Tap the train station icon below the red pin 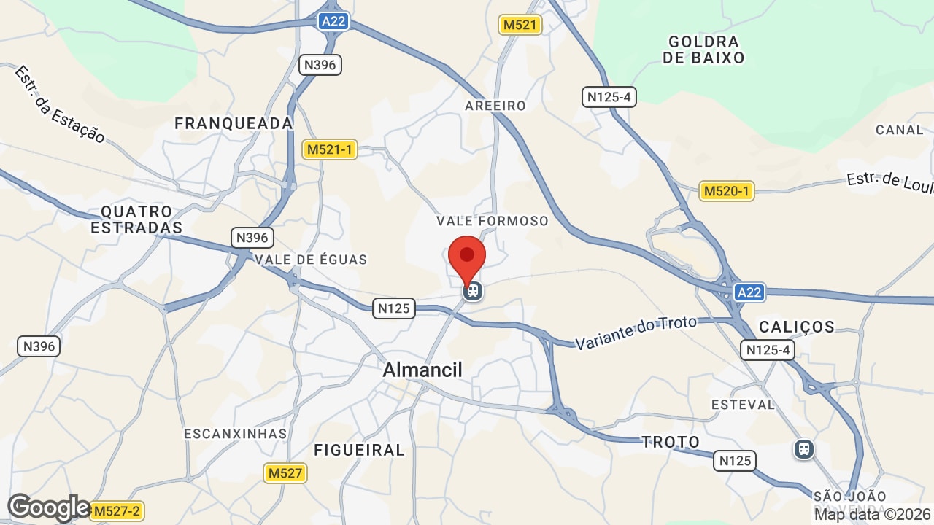(x=473, y=291)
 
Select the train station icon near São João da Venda (x=804, y=448)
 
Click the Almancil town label (x=422, y=370)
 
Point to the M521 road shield (x=520, y=25)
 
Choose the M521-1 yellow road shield (x=329, y=149)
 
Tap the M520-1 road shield (x=726, y=191)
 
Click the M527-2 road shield (x=117, y=510)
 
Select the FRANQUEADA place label (x=233, y=123)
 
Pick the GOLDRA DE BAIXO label (x=703, y=50)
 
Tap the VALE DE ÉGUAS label (x=312, y=259)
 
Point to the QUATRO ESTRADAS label (x=136, y=219)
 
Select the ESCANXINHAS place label (x=236, y=433)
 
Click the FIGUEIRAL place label (x=359, y=450)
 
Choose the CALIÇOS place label (x=797, y=326)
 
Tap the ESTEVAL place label (x=743, y=404)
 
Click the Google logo (x=48, y=507)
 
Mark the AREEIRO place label (x=495, y=106)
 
